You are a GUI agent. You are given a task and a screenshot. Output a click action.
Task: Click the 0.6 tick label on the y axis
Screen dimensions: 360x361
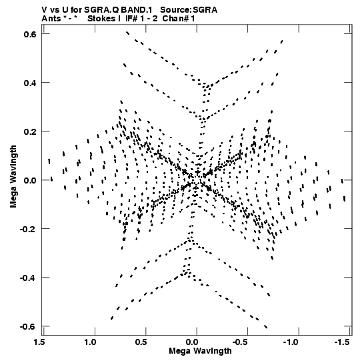(30, 34)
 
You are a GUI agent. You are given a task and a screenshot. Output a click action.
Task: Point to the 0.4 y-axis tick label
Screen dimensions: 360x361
(30, 83)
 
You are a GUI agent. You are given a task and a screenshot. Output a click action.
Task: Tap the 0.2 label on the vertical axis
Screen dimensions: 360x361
(30, 131)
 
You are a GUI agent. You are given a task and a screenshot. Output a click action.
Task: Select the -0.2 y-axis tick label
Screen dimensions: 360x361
(28, 229)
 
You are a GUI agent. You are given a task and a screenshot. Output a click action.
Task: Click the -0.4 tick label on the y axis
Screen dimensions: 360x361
(28, 278)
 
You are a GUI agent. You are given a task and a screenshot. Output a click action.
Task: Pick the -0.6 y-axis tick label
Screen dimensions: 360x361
(28, 327)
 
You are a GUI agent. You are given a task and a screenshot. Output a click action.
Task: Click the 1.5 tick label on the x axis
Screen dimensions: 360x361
(39, 342)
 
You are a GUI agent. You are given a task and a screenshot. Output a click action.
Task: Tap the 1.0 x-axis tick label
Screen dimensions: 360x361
(90, 342)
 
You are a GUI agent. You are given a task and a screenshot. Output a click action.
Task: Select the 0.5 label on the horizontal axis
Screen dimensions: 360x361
(141, 342)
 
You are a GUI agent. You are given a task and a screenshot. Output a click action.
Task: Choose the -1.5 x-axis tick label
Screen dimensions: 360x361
(343, 342)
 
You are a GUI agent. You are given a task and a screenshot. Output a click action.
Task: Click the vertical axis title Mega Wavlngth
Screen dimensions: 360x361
(13, 177)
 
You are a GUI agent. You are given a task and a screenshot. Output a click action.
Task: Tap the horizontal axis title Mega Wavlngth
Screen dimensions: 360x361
(200, 351)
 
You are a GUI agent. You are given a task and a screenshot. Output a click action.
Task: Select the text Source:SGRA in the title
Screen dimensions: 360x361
(189, 10)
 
